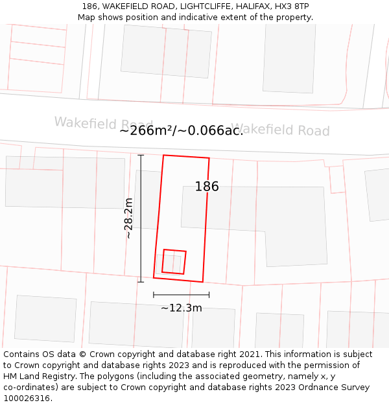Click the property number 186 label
click(x=207, y=187)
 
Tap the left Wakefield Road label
click(x=103, y=123)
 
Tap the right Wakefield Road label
click(x=280, y=130)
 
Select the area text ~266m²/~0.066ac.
click(x=181, y=130)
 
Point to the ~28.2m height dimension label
click(x=128, y=218)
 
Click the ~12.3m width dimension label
click(x=182, y=308)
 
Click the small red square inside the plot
click(x=174, y=261)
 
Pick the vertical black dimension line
click(x=141, y=218)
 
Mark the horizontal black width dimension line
click(x=181, y=295)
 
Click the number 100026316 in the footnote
click(x=27, y=398)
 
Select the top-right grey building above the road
click(x=289, y=58)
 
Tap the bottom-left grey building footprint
click(x=45, y=318)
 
